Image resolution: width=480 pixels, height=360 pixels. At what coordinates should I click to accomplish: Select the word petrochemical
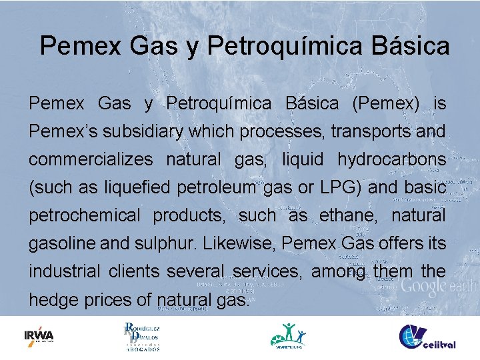[85, 216]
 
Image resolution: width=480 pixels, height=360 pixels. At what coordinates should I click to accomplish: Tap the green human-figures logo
[287, 336]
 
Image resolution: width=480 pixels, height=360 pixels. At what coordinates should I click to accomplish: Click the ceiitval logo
[427, 337]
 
